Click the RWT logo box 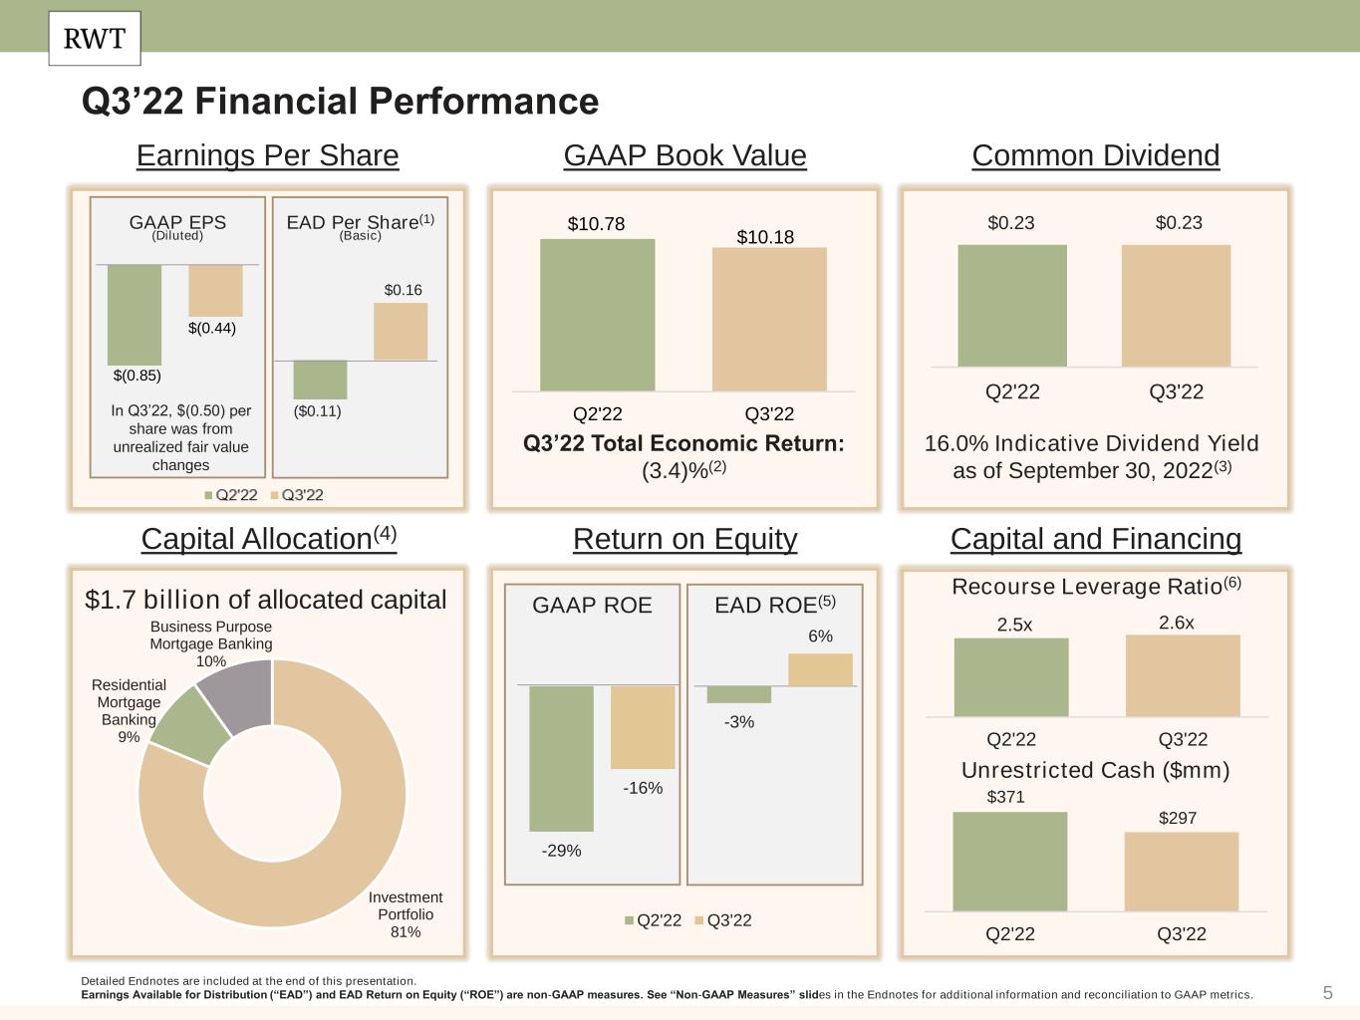95,39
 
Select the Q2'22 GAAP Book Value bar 597,315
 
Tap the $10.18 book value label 765,237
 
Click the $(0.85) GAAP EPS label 136,376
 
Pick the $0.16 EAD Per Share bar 401,332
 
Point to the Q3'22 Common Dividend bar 1176,306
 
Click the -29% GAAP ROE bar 561,758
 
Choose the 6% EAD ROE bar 820,669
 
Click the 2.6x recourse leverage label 1176,623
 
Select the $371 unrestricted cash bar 1009,862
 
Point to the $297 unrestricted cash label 1177,818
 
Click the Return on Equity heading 684,539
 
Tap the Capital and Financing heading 1096,539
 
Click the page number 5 1327,992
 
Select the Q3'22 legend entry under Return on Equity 722,920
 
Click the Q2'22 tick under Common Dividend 1012,391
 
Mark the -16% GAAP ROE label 643,788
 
